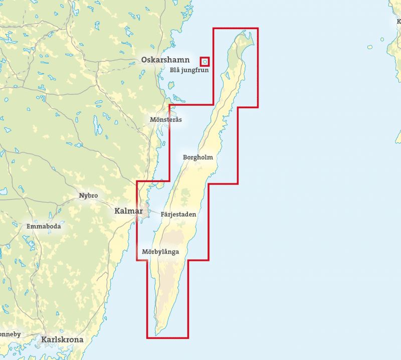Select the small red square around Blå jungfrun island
click(205, 62)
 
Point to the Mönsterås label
click(166, 120)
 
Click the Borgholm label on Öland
click(198, 157)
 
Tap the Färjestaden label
click(178, 214)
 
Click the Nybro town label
click(88, 195)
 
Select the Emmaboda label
click(44, 227)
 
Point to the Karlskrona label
click(63, 340)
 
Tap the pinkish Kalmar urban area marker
click(145, 212)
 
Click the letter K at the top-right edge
click(398, 22)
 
